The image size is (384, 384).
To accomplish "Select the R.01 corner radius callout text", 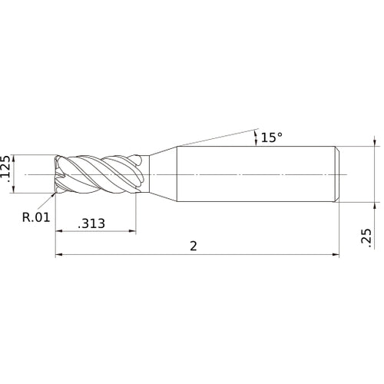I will click(35, 217).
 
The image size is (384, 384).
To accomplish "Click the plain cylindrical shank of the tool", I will click(253, 175).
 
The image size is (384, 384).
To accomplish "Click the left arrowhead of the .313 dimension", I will click(58, 231).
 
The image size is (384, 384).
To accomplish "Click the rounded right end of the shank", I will click(336, 175).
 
